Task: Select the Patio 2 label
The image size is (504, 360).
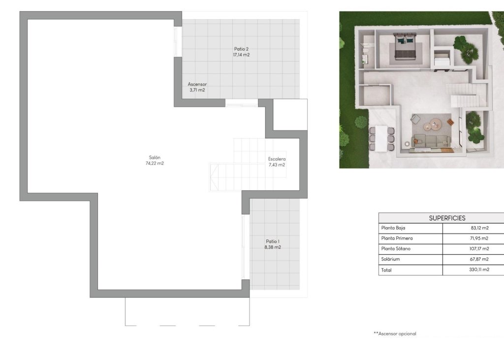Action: pos(241,49)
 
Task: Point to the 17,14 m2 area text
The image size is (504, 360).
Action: pos(241,55)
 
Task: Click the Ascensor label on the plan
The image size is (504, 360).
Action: pos(197,84)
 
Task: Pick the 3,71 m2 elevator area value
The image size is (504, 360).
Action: pos(197,90)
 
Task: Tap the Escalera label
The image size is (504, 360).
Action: pos(277,159)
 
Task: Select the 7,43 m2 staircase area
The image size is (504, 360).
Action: pos(277,165)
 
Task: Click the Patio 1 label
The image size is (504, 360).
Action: pos(273,241)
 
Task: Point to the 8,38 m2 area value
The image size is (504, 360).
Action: pos(273,247)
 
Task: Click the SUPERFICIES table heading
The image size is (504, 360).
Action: pos(447,218)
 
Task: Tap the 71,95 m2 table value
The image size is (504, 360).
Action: pos(478,239)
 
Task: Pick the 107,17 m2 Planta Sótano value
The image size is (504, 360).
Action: pos(477,249)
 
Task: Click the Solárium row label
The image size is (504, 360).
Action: pos(390,259)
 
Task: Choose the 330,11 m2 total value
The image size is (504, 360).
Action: pos(478,270)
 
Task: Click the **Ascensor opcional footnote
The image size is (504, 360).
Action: pos(395,333)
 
